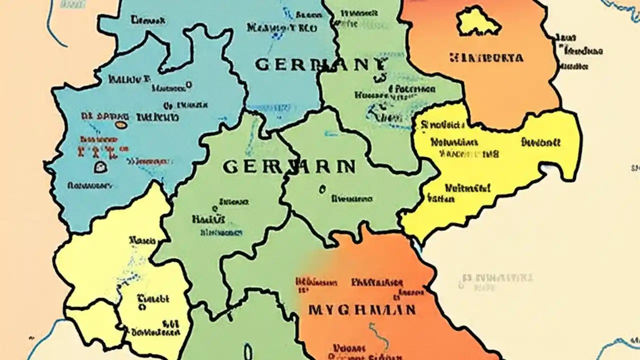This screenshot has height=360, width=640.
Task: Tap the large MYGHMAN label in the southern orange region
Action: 362,309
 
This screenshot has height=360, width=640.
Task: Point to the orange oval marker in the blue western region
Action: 120,125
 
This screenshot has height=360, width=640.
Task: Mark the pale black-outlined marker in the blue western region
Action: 100,167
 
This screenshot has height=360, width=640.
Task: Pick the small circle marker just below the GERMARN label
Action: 322,189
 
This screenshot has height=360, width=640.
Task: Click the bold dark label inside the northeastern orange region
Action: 486,58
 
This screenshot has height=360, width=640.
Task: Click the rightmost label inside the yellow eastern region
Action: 540,142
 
